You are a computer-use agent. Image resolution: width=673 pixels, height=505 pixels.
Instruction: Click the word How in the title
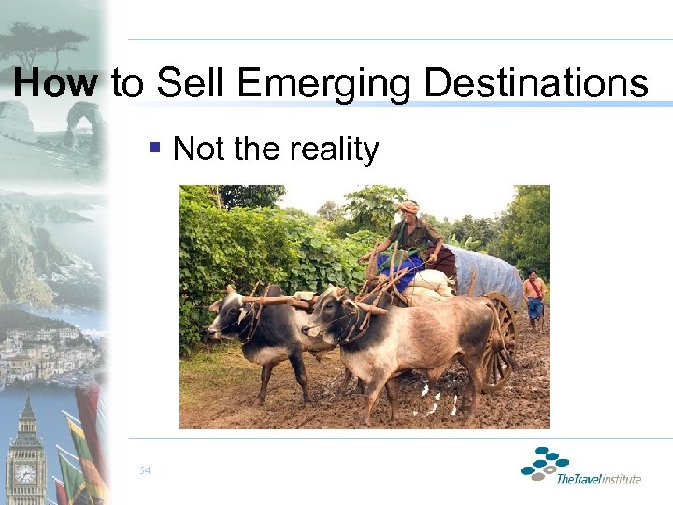point(56,83)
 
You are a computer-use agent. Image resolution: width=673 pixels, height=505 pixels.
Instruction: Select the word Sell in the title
point(192,83)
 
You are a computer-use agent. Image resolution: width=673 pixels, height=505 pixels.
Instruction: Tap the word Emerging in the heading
point(323,83)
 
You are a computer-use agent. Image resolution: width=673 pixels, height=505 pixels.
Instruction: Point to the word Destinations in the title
point(537,83)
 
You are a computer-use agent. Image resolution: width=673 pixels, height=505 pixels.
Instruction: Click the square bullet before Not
point(155,148)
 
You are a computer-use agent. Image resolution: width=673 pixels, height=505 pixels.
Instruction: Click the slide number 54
point(145,470)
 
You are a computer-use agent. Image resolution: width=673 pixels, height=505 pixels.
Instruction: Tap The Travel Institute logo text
point(598,479)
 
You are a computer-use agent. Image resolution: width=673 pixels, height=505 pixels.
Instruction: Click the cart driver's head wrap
point(408,207)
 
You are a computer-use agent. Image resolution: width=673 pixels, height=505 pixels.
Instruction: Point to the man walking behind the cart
point(535,296)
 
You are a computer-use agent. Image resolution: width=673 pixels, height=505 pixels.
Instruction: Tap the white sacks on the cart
point(432,283)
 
